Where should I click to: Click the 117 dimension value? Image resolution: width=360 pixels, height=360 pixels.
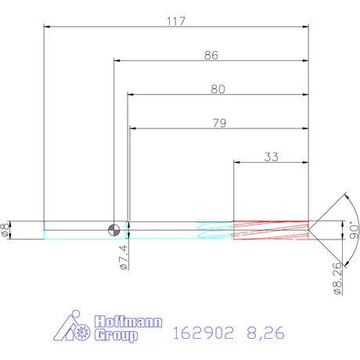click(176, 21)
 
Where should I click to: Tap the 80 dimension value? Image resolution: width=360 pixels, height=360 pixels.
click(218, 89)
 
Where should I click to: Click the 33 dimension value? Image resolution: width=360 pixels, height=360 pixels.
click(272, 157)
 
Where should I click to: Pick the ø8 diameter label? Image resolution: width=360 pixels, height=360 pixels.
click(7, 229)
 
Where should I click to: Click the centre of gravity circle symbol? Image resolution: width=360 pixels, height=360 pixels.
click(114, 229)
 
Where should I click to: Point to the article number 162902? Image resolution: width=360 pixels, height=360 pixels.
click(202, 334)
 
